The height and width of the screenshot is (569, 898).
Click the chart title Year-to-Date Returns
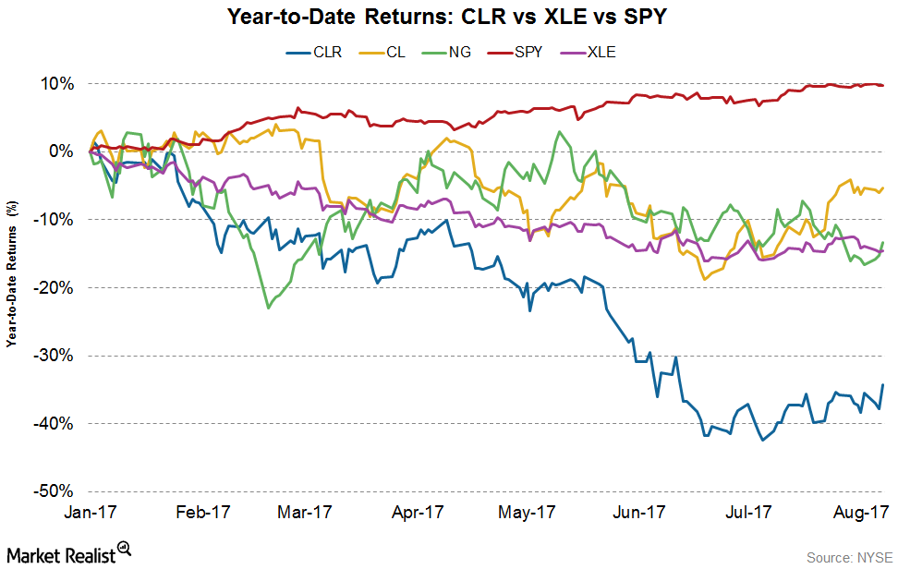449,17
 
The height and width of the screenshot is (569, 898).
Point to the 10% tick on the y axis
58,83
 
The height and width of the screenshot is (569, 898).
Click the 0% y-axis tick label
62,151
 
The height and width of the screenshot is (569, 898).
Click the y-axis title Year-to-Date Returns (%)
13,287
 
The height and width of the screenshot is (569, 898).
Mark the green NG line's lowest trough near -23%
268,308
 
